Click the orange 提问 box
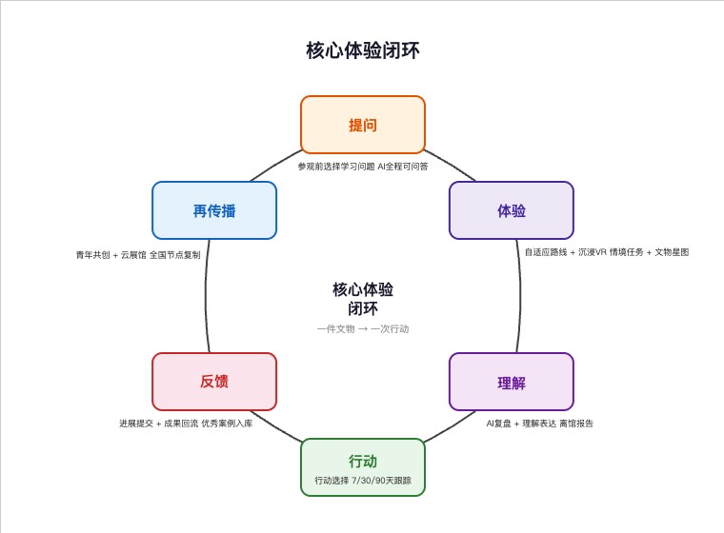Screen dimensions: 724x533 [x=362, y=125]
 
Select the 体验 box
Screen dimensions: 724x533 [x=512, y=210]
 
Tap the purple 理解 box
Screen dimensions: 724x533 [x=512, y=382]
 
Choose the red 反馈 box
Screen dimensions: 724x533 [x=214, y=382]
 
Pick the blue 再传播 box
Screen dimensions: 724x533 [x=214, y=210]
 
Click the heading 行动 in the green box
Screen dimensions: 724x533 [x=362, y=461]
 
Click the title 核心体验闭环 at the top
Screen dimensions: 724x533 [x=362, y=50]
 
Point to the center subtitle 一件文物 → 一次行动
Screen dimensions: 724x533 [x=363, y=329]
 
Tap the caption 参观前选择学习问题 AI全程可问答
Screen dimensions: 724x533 [x=362, y=167]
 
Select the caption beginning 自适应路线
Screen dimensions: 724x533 [x=607, y=252]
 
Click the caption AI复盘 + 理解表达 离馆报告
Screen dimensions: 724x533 [x=540, y=424]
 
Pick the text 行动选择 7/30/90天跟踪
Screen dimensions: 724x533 [x=363, y=481]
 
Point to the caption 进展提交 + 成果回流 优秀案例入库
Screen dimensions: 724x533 [x=186, y=424]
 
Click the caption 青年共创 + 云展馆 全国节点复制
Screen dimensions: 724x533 [x=138, y=255]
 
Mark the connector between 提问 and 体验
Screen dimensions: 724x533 [x=451, y=165]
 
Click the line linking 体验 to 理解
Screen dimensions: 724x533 [x=519, y=296]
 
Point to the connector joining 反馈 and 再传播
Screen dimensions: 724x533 [x=207, y=296]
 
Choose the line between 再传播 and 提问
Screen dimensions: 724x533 [x=275, y=165]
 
